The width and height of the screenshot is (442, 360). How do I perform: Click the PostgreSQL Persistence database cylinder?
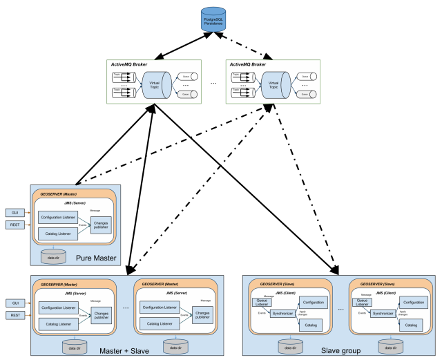(x=213, y=19)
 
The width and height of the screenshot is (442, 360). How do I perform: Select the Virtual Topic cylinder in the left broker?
(x=155, y=84)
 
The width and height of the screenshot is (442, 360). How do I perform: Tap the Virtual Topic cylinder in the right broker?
(x=274, y=84)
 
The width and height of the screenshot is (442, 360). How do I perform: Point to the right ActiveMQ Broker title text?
(x=247, y=64)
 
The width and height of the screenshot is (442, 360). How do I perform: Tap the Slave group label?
(x=341, y=351)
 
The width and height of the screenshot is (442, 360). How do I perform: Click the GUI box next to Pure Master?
(x=14, y=212)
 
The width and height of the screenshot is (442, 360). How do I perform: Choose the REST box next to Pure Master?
(x=14, y=225)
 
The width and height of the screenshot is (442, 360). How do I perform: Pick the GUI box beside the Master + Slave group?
(x=14, y=303)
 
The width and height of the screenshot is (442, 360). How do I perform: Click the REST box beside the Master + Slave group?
(x=14, y=315)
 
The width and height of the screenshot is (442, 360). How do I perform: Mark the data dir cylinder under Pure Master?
(x=54, y=256)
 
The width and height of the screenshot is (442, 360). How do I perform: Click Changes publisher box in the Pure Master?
(x=100, y=225)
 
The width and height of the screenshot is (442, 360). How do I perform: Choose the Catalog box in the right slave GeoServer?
(x=412, y=324)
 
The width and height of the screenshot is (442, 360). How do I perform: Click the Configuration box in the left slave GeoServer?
(x=313, y=303)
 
